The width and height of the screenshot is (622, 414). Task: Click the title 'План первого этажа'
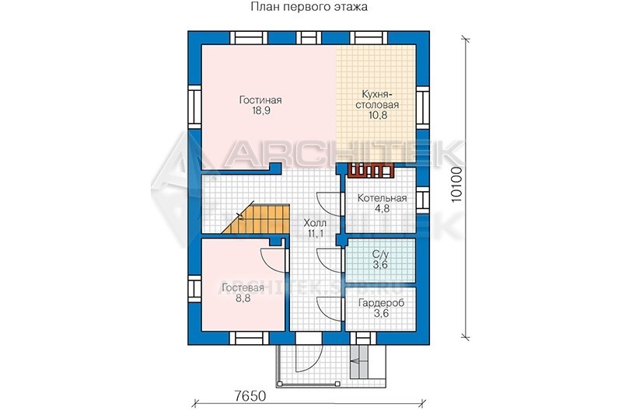coord(309,7)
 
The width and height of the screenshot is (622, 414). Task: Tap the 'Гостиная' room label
coord(260,100)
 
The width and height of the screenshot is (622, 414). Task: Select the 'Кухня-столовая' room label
coord(377,99)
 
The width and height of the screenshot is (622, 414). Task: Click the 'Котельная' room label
coord(382,198)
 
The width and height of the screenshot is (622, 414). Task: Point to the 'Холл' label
coord(315,223)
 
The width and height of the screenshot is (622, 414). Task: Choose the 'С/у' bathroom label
coord(380,254)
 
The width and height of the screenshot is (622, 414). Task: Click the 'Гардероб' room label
coord(381,303)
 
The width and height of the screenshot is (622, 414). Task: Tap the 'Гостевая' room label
coord(243,288)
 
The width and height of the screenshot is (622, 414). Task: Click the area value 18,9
coord(260,110)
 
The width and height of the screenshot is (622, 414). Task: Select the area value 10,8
coord(377,115)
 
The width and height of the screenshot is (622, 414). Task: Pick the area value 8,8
coord(243,298)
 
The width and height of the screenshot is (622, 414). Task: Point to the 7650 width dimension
coord(249,395)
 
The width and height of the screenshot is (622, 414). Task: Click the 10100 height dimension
coord(457,185)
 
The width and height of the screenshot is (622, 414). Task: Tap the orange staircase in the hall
coord(260,219)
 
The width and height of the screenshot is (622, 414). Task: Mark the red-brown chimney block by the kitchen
coord(371,170)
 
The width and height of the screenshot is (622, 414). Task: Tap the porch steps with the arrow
coord(359,361)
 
